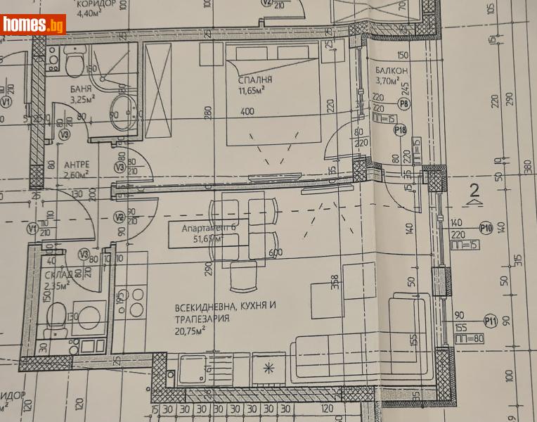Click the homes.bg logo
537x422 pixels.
[x=34, y=25]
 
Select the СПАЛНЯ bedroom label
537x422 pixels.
[x=254, y=79]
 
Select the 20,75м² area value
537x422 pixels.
[x=190, y=328]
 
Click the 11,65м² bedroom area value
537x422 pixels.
[x=255, y=91]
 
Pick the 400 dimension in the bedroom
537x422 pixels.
[x=247, y=111]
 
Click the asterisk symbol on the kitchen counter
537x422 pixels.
[x=267, y=367]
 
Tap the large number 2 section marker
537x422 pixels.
[x=475, y=189]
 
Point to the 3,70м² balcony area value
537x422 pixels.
[x=385, y=82]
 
